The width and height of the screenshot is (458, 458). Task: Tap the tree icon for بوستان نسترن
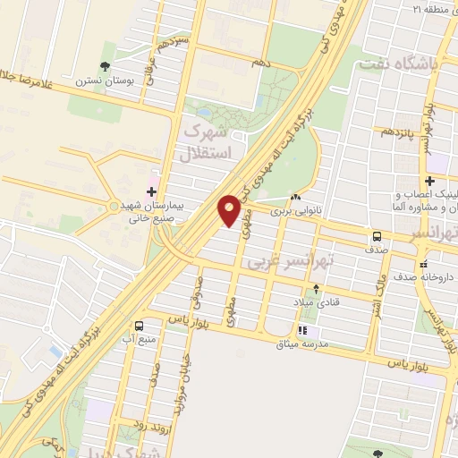click(106, 65)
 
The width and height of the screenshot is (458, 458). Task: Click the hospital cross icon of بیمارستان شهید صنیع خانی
click(151, 191)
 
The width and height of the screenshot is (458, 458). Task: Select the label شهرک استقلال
click(208, 142)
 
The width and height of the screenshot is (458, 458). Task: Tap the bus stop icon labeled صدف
click(377, 236)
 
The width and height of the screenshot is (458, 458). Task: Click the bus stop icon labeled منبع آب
click(139, 326)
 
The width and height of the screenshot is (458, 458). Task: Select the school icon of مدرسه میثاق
click(301, 331)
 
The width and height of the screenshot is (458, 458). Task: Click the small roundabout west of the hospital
click(113, 207)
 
